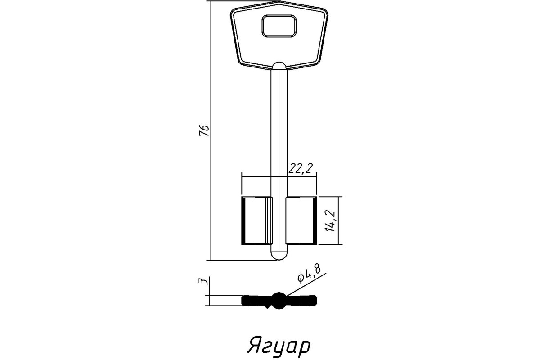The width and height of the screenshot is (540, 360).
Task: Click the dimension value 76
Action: click(x=204, y=130)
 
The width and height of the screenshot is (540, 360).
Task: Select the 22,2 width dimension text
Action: click(x=301, y=168)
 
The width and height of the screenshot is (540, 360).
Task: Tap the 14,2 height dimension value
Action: click(x=330, y=221)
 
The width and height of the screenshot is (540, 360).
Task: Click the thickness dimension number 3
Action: click(x=203, y=281)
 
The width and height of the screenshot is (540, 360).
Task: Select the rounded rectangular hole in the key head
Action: click(x=279, y=26)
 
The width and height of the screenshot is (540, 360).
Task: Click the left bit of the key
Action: click(x=257, y=220)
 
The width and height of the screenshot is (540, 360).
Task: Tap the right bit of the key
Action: click(x=301, y=220)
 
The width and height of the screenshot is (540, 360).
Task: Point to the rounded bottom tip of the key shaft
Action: click(x=279, y=256)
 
